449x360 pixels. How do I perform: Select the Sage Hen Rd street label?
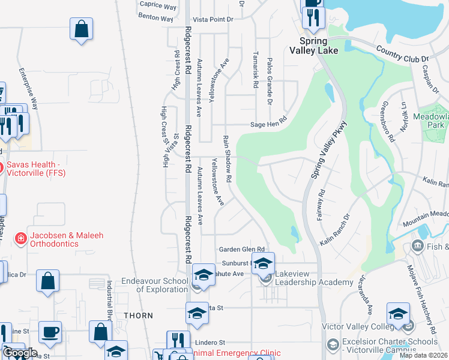click(x=269, y=125)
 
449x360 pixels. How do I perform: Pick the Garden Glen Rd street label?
click(x=241, y=249)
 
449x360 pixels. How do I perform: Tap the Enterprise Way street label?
click(x=28, y=89)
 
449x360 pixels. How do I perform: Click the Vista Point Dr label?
click(x=213, y=19)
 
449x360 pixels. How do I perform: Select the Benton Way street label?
click(x=155, y=18)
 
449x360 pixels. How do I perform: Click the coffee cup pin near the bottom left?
click(x=50, y=332)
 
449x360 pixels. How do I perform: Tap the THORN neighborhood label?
click(x=138, y=315)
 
